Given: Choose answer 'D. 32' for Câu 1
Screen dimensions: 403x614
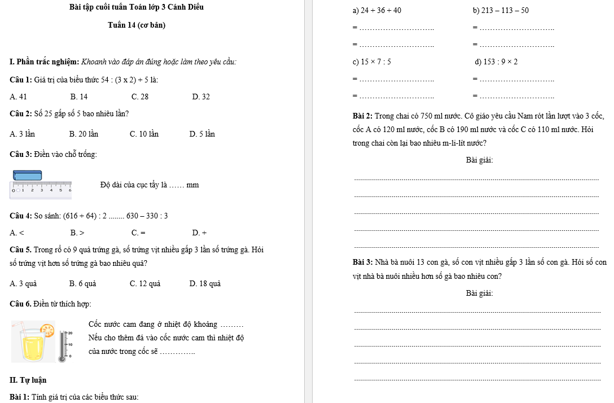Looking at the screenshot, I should (x=201, y=97).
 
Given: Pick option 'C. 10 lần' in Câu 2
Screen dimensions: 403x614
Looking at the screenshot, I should (x=144, y=134).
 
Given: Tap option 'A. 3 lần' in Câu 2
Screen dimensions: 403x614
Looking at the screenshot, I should (x=23, y=134).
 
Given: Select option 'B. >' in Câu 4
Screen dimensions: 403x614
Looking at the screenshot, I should (x=77, y=233).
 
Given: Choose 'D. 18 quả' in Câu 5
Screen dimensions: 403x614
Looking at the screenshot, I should (x=205, y=283).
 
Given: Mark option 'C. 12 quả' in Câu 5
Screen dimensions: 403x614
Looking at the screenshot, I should (x=145, y=283).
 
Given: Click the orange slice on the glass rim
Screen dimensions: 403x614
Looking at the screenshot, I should (x=47, y=329).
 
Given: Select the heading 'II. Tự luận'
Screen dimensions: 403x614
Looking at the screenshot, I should (x=28, y=380).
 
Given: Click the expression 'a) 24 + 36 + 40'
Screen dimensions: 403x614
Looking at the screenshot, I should (x=376, y=11).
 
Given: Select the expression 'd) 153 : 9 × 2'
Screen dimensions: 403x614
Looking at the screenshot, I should (x=497, y=62).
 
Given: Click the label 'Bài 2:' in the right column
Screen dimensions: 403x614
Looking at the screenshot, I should (x=362, y=116).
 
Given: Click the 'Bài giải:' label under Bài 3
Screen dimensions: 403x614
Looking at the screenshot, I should (x=480, y=294).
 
